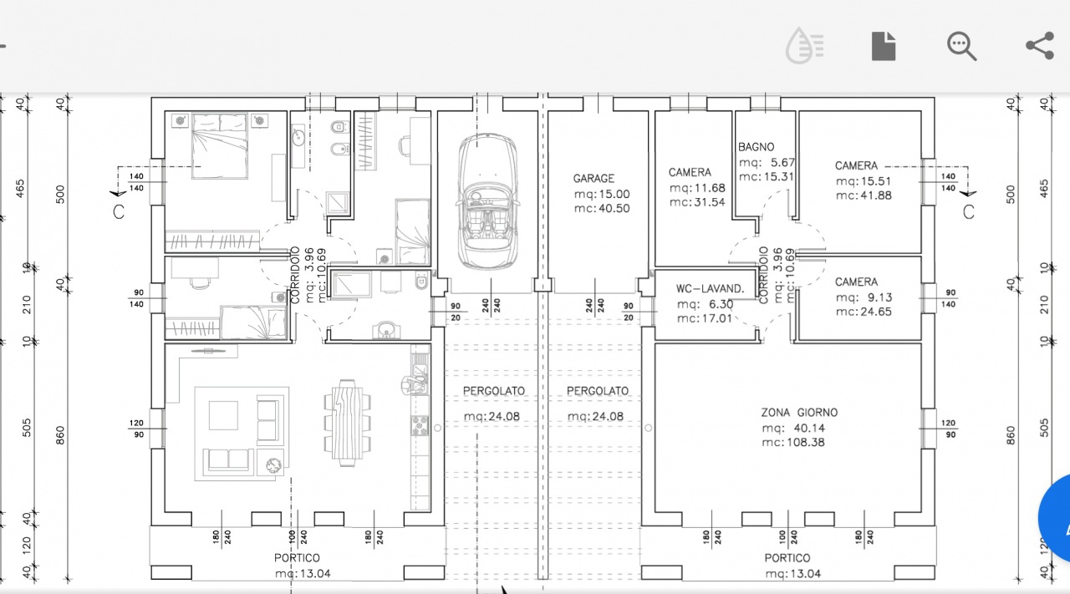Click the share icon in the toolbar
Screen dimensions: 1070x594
click(x=1040, y=46)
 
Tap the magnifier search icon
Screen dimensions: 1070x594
click(x=961, y=46)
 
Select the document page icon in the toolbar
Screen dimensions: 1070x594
click(x=884, y=46)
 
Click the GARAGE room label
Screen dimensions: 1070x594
click(x=594, y=178)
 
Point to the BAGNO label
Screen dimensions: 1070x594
click(x=756, y=146)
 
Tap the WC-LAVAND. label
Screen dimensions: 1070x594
click(x=710, y=288)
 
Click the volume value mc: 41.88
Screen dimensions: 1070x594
click(x=864, y=195)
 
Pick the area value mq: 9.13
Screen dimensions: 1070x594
click(x=864, y=297)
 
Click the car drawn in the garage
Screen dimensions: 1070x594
click(x=487, y=201)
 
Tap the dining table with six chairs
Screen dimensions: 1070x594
click(x=347, y=423)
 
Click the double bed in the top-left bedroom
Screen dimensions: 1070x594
click(x=220, y=146)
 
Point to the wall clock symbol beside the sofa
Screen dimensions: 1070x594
click(x=273, y=465)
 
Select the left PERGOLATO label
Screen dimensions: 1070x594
click(x=494, y=391)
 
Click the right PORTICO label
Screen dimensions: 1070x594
click(x=787, y=558)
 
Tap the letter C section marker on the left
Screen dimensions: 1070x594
click(x=119, y=211)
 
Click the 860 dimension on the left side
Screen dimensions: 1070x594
click(x=60, y=435)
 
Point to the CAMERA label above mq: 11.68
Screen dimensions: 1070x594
click(x=690, y=172)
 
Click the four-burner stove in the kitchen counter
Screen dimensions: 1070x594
click(x=420, y=425)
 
